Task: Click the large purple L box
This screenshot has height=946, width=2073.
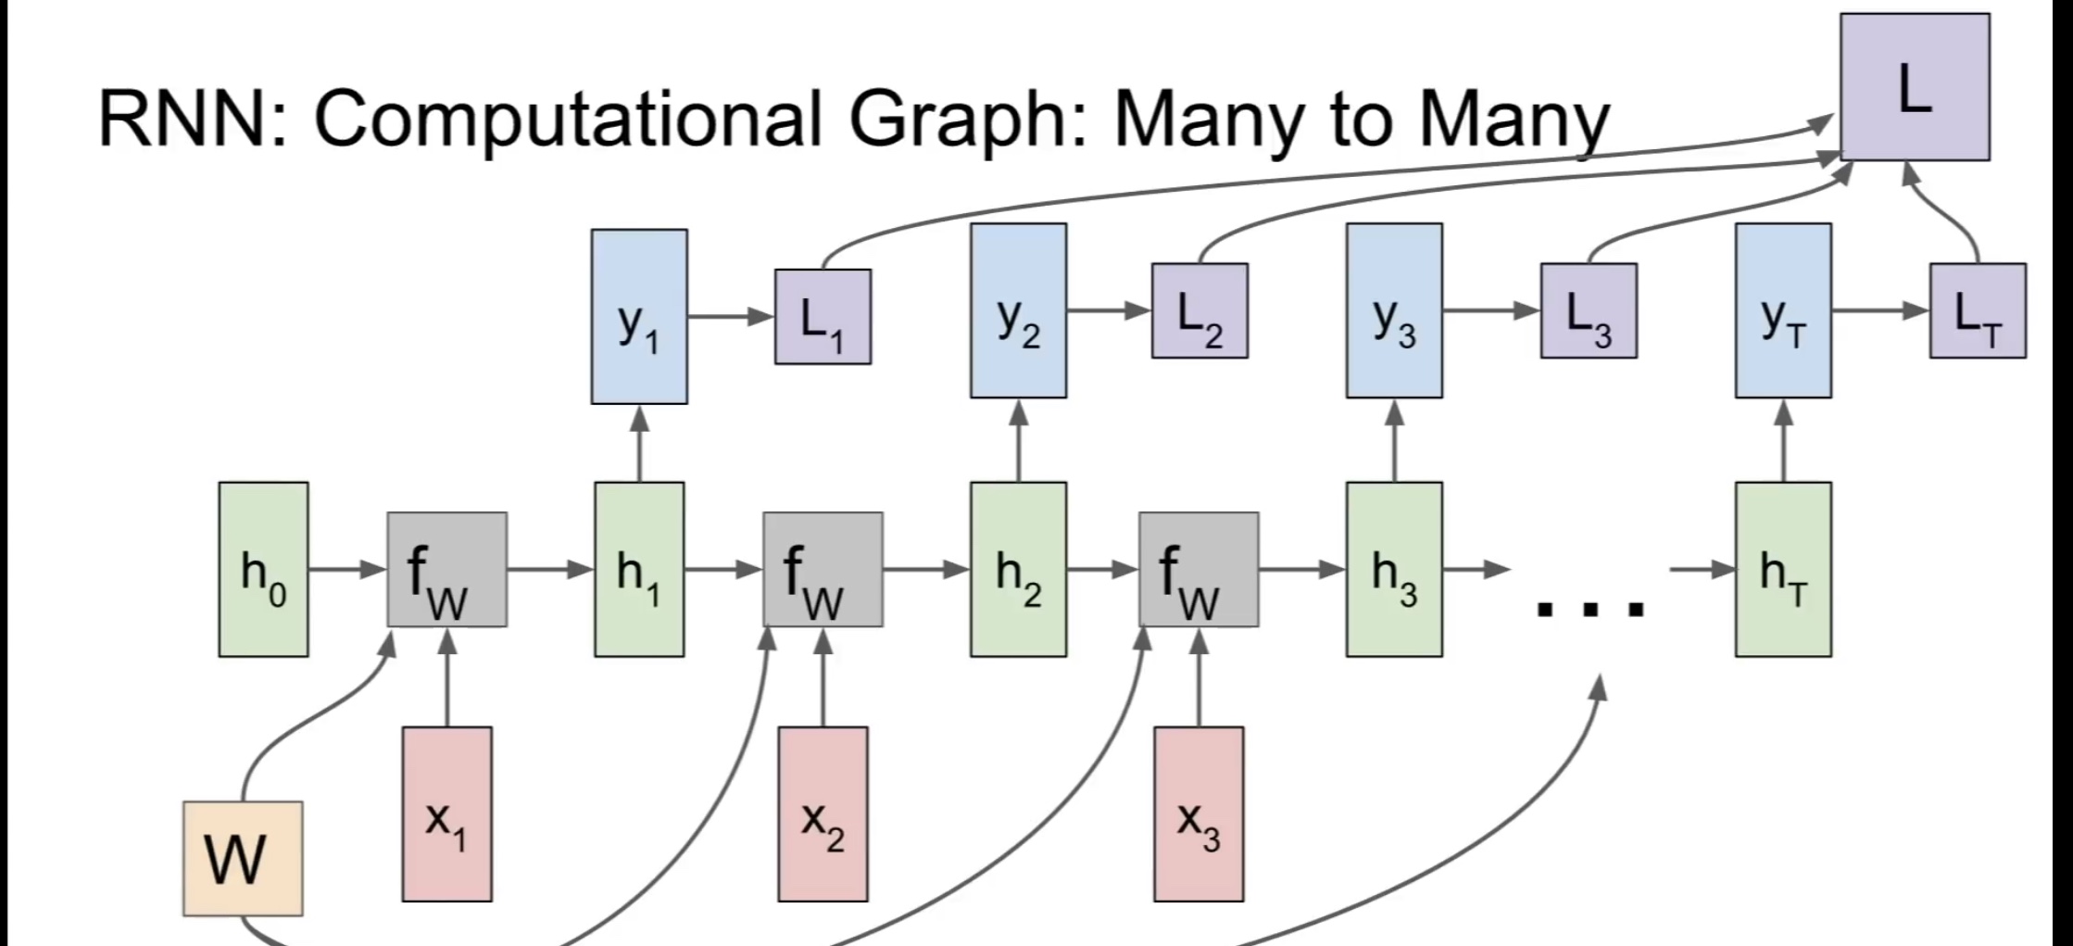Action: tap(1914, 87)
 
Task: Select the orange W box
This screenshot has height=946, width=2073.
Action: tap(243, 859)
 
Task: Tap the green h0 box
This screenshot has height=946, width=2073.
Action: tap(263, 569)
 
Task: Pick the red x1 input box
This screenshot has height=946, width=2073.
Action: tap(446, 814)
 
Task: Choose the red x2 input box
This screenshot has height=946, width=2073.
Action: tap(823, 814)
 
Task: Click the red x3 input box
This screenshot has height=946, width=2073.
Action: tap(1199, 814)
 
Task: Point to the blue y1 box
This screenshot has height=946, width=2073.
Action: tap(639, 316)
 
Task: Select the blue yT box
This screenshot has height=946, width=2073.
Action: tap(1783, 310)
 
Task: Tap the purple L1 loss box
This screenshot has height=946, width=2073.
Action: tap(823, 317)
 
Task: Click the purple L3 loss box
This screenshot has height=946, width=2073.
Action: tap(1589, 310)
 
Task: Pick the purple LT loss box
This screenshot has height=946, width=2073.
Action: tap(1978, 310)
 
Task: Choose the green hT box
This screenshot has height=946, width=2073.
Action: tap(1783, 569)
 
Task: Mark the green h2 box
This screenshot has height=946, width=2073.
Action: tap(1018, 569)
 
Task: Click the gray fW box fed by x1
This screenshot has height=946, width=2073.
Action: tap(446, 569)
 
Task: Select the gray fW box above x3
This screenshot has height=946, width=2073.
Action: tap(1199, 569)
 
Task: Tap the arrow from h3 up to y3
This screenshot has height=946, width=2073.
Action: tap(1394, 440)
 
